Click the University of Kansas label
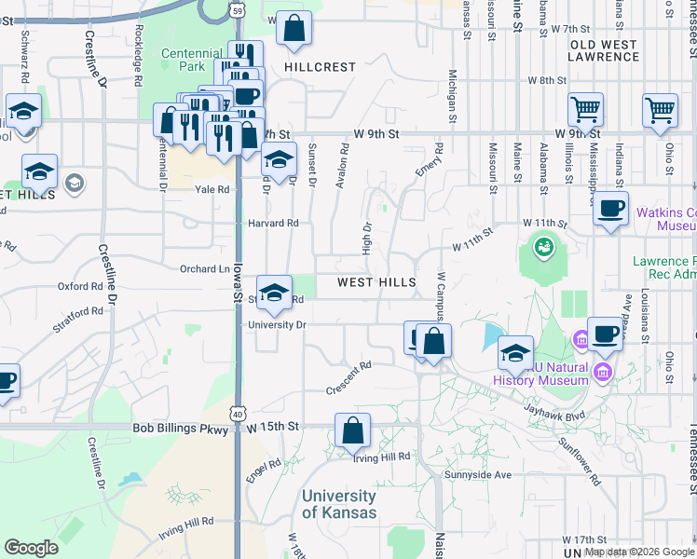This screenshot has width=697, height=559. click(x=339, y=504)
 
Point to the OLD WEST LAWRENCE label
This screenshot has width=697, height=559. click(x=603, y=50)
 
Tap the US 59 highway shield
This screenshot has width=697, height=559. click(x=239, y=10)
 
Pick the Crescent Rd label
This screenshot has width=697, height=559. click(x=348, y=379)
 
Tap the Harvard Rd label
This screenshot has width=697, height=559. click(x=273, y=224)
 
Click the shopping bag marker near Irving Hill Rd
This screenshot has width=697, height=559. click(x=352, y=430)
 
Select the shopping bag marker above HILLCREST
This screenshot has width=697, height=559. click(x=294, y=30)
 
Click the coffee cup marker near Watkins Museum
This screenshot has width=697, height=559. click(x=610, y=209)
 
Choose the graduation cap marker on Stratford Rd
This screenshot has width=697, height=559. click(x=273, y=293)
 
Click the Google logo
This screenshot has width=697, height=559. click(x=31, y=548)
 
